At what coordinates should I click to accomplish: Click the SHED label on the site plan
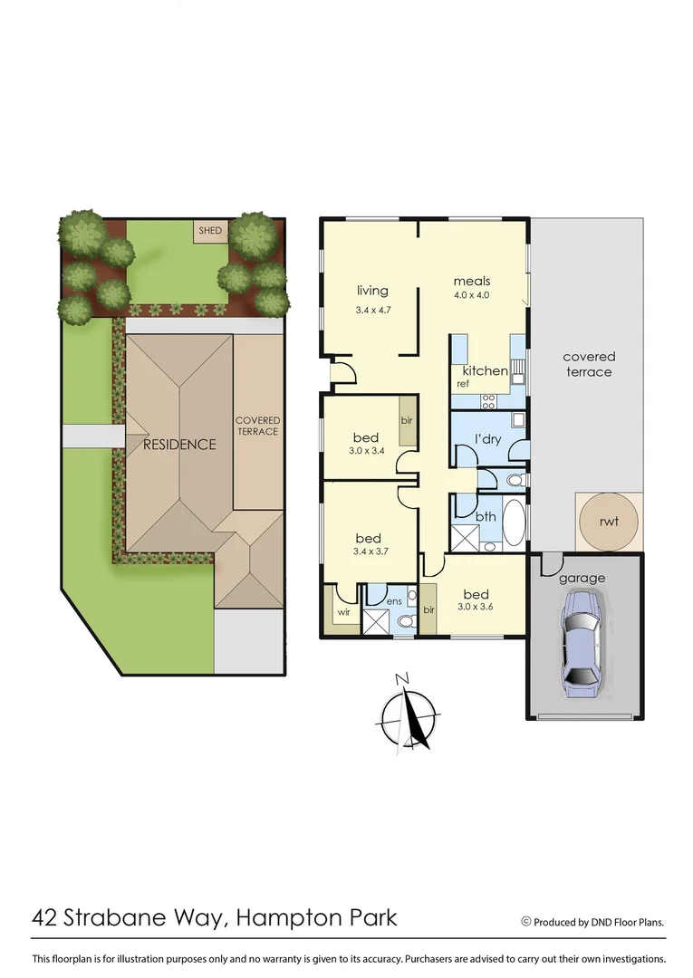tap(210, 231)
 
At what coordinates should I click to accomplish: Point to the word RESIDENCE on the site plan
tap(179, 445)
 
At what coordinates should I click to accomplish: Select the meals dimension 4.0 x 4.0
tap(471, 295)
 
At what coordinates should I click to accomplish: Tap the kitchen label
tap(486, 371)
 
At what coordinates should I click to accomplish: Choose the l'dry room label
tap(488, 440)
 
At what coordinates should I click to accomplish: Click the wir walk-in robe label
tap(343, 612)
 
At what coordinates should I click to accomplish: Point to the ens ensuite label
tap(394, 599)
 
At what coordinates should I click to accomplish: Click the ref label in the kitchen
tap(463, 384)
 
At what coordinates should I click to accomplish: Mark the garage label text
tap(582, 578)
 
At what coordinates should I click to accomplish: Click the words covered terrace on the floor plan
tap(588, 364)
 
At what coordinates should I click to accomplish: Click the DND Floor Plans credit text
tap(598, 922)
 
